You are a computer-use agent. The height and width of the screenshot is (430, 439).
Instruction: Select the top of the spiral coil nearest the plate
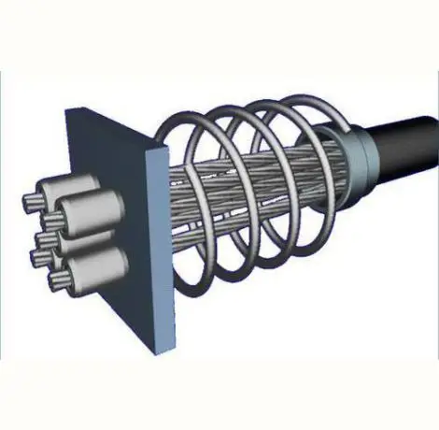[x=191, y=117]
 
